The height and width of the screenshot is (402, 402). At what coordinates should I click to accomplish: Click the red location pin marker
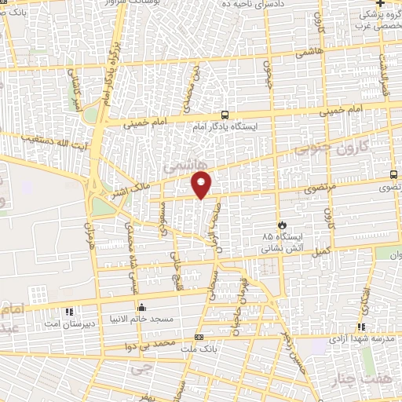(x=203, y=184)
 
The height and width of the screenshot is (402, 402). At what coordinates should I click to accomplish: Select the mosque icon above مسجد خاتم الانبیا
(x=141, y=307)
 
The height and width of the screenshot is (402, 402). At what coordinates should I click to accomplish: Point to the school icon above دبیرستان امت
(x=70, y=311)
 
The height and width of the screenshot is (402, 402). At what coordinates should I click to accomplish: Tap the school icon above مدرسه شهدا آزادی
(x=361, y=327)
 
